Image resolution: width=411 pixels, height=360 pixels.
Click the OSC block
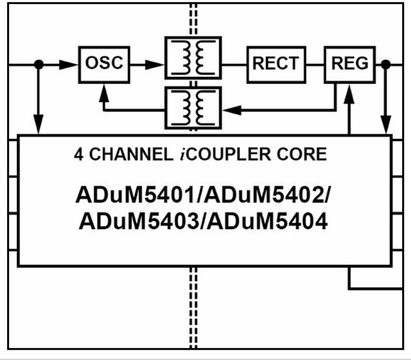(x=104, y=63)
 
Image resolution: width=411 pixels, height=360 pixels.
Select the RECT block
(x=275, y=63)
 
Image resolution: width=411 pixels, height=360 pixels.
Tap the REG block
(x=351, y=63)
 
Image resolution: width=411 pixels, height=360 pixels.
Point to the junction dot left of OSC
(x=39, y=64)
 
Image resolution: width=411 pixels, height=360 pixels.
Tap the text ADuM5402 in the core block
(x=274, y=195)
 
